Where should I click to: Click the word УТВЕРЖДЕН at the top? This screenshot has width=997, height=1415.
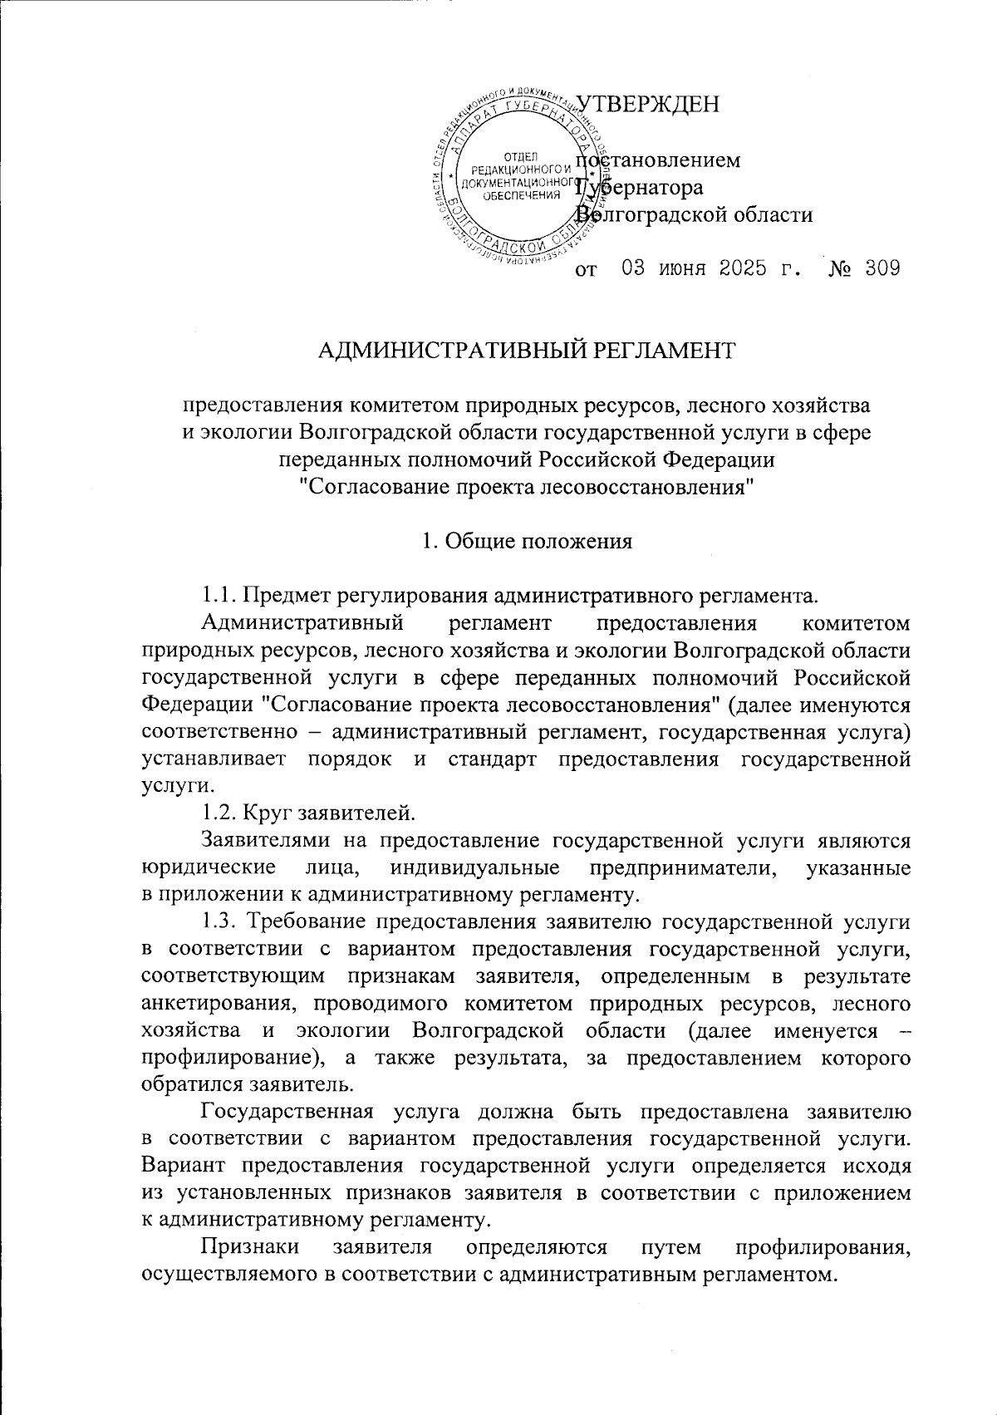pos(646,104)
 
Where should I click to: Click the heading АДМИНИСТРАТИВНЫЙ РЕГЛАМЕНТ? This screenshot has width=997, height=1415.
pos(527,351)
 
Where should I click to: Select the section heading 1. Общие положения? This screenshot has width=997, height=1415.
pos(527,542)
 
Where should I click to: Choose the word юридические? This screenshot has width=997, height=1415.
pos(209,867)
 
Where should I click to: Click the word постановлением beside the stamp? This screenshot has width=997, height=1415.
pos(661,160)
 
